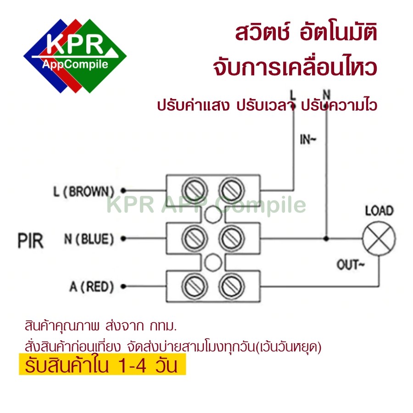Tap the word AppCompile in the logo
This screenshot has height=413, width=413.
point(75,65)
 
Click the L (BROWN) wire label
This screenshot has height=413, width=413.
point(84,191)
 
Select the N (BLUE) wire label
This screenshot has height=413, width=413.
point(89,239)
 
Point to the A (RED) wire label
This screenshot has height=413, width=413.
point(92,287)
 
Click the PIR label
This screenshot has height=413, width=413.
point(31,241)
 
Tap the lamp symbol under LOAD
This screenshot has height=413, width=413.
point(379,238)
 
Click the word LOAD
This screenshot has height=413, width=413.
point(380,211)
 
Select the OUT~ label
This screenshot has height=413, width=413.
point(350,265)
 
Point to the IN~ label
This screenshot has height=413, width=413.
point(307,140)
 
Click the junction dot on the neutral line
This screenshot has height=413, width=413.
point(326,239)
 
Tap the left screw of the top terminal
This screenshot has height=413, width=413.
point(195,190)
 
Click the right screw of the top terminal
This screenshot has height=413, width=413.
point(232,190)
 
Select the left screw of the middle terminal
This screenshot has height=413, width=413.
point(195,239)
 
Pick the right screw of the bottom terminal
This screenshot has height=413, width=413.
point(232,286)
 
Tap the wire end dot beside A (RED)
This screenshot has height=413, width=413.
point(123,286)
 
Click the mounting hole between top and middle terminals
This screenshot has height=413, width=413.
point(213,214)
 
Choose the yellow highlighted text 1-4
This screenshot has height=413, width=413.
point(132,366)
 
